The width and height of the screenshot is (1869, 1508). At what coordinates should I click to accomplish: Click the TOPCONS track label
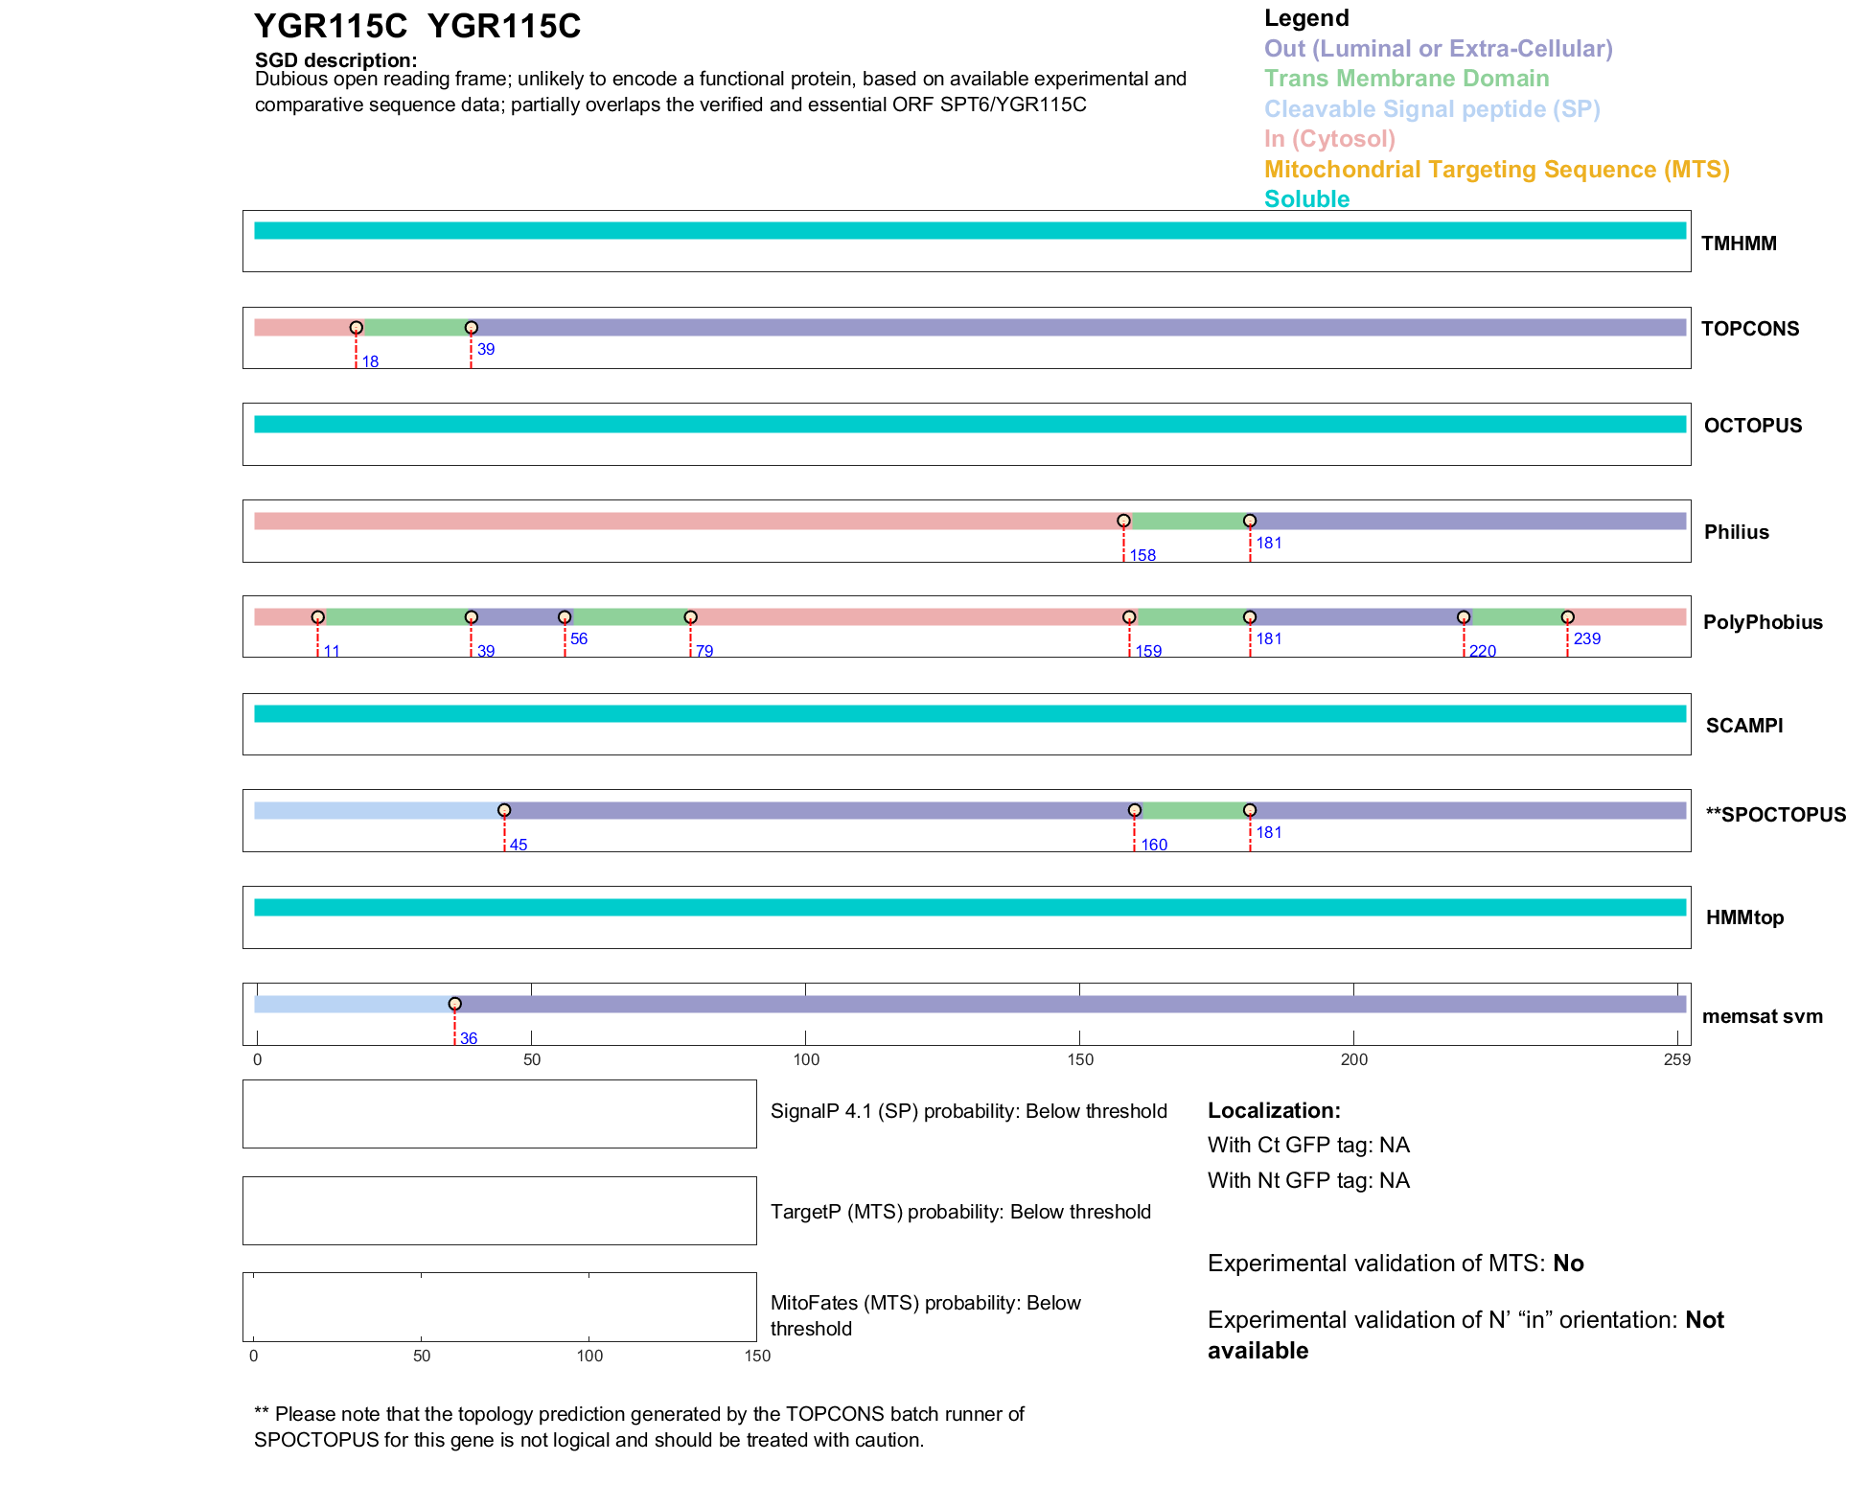tap(1749, 329)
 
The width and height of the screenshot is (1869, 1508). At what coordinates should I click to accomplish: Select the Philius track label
tap(1736, 532)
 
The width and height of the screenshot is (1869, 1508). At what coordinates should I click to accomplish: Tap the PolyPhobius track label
tap(1762, 622)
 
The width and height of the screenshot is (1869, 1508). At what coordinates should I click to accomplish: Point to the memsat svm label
tap(1762, 1016)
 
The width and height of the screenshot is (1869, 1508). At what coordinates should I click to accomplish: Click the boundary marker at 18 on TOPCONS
tap(357, 328)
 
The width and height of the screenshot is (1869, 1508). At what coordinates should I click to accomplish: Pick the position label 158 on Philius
tap(1142, 556)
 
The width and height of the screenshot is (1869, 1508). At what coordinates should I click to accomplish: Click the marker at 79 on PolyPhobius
tap(690, 617)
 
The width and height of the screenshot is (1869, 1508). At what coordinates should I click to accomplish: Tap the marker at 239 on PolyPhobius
tap(1567, 617)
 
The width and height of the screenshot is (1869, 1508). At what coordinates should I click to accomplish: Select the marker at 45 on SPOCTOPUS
tap(504, 810)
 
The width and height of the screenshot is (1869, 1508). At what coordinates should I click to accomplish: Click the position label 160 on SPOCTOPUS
tap(1154, 846)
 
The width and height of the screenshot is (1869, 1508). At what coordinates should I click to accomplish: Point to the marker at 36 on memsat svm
tap(455, 1004)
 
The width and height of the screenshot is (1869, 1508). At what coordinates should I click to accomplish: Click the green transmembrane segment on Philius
tap(1187, 522)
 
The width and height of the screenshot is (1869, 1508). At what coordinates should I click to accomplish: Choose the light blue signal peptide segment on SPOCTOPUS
tap(379, 811)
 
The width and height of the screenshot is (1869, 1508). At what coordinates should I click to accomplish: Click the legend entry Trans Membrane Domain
tap(1406, 79)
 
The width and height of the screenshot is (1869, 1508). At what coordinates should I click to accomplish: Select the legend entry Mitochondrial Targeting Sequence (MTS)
tap(1496, 170)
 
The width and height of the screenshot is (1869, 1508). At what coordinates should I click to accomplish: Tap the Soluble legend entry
tap(1306, 199)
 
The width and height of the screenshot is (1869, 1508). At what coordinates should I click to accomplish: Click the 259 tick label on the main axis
tap(1677, 1059)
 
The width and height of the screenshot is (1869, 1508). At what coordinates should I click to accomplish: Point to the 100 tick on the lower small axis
tap(589, 1356)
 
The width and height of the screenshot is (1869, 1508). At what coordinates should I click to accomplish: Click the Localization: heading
tap(1274, 1111)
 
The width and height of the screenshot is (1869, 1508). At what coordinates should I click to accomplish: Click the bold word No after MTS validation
tap(1568, 1264)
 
